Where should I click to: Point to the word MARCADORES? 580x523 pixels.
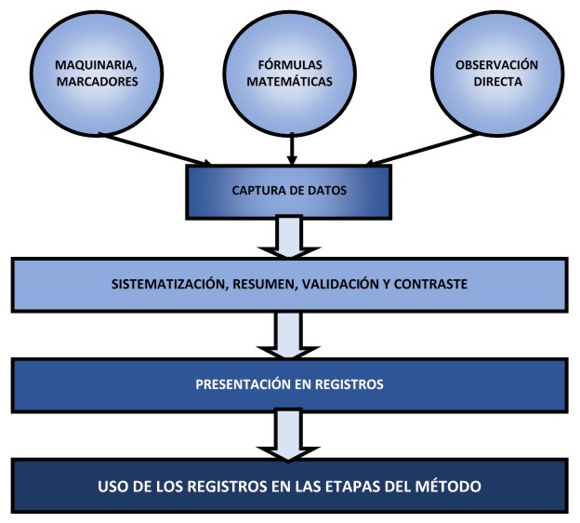click(x=85, y=81)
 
